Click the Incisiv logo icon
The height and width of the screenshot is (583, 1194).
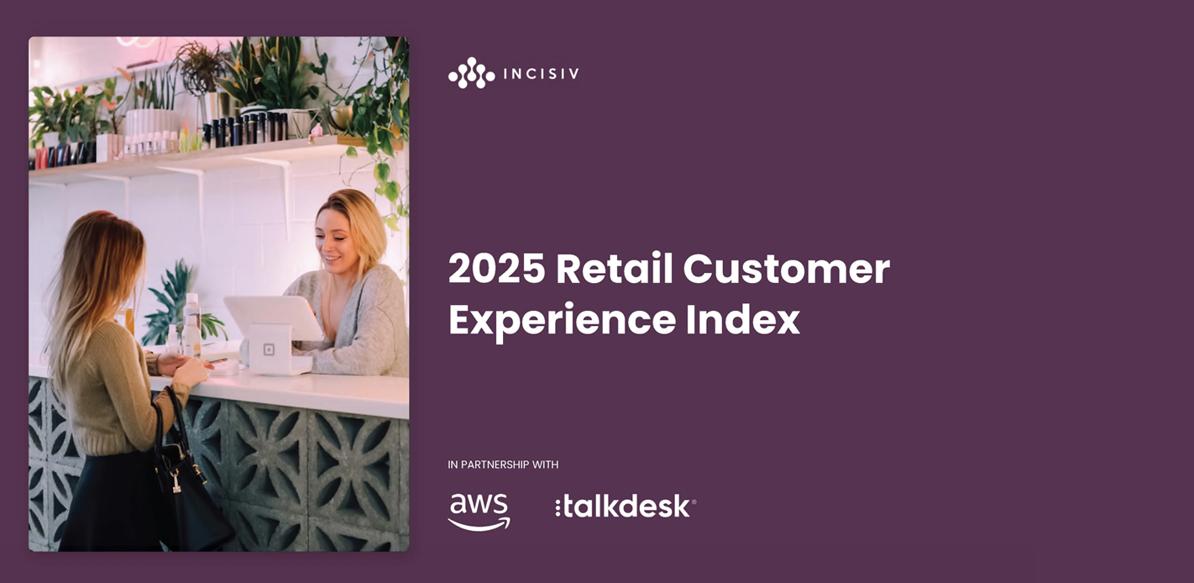pyautogui.click(x=471, y=73)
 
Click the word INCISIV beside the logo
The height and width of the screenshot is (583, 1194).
pyautogui.click(x=541, y=74)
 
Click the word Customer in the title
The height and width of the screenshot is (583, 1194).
pyautogui.click(x=786, y=270)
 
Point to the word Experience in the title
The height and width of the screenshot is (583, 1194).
pyautogui.click(x=562, y=320)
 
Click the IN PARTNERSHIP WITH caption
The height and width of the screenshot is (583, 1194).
pyautogui.click(x=503, y=465)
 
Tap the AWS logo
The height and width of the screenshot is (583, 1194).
pyautogui.click(x=479, y=511)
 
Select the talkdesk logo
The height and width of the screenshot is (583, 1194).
pyautogui.click(x=626, y=507)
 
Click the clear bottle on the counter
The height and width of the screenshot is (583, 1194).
pyautogui.click(x=191, y=323)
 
